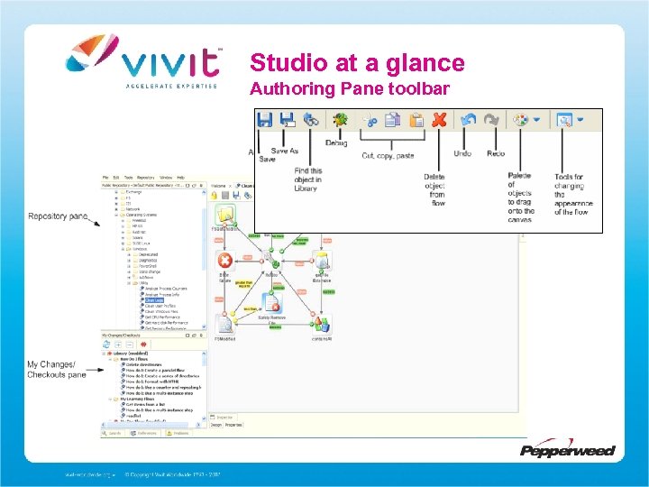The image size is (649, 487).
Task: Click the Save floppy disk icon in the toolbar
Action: click(x=265, y=119)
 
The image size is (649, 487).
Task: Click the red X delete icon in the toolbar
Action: click(x=439, y=119)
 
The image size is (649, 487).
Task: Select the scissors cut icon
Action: click(x=370, y=119)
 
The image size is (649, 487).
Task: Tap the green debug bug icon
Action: click(x=340, y=119)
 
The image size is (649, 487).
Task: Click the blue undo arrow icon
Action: click(x=467, y=119)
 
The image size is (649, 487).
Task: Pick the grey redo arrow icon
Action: click(x=491, y=119)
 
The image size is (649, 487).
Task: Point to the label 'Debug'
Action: click(x=336, y=142)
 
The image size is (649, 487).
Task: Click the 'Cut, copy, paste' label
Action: click(x=388, y=155)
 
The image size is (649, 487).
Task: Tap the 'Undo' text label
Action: click(x=462, y=153)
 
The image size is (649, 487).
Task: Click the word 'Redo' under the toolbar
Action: click(x=496, y=153)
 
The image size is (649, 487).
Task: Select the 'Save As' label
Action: click(x=285, y=151)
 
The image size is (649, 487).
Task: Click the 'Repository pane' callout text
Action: click(x=58, y=216)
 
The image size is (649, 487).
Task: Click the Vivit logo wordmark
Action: click(x=171, y=61)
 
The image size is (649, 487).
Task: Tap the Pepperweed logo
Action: click(x=567, y=448)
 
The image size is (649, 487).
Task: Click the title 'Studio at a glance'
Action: click(x=357, y=63)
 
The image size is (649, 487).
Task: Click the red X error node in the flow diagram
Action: click(x=225, y=261)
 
